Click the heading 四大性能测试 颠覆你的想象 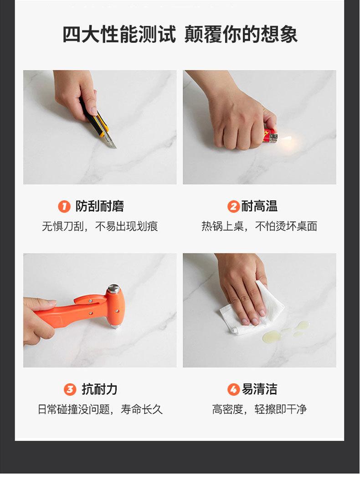pos(180,34)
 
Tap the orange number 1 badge pos(64,206)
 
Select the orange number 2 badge pos(233,206)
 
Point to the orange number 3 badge pos(70,389)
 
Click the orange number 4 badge pos(233,389)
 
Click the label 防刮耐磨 pos(100,206)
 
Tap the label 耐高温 pos(259,206)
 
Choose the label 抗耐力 pos(100,389)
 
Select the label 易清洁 pos(259,389)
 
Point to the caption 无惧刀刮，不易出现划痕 pos(100,227)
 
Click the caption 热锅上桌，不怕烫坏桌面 pos(259,227)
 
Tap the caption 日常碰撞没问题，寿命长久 pos(100,409)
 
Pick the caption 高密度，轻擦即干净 pos(259,409)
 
